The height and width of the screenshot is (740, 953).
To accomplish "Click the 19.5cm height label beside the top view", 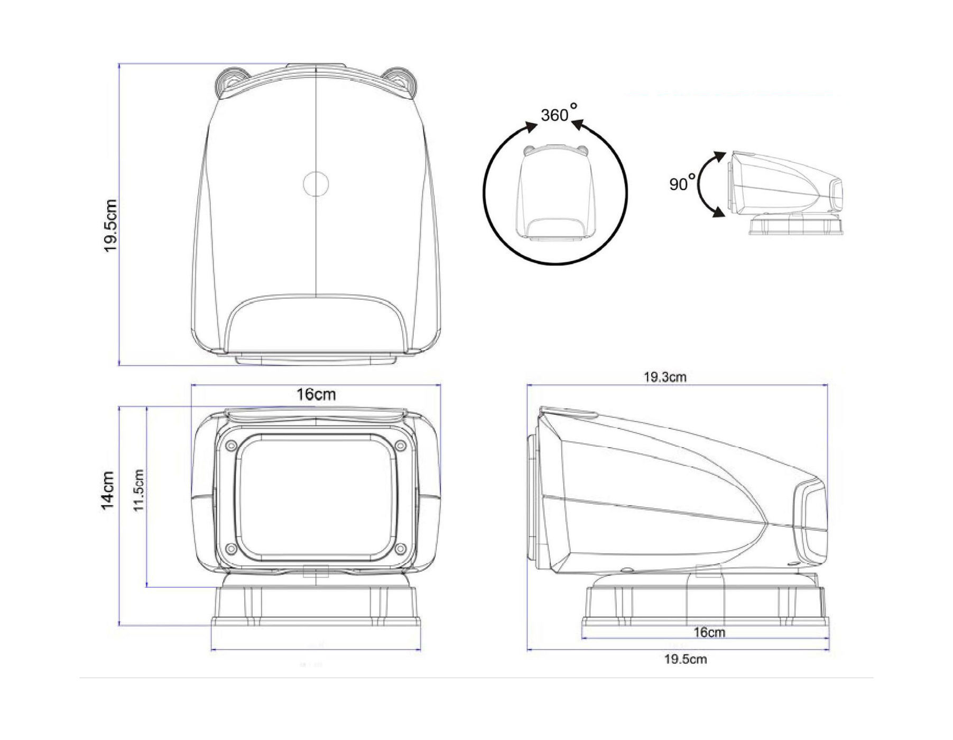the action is [x=110, y=226].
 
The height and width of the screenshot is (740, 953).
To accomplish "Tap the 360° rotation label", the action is [x=559, y=113].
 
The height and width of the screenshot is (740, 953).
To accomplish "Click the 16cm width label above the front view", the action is [x=316, y=394].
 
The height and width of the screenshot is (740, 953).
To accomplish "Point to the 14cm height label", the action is [x=108, y=490].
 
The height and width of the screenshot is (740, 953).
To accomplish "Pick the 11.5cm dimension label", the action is [x=138, y=490].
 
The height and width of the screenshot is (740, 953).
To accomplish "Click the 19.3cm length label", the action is [x=665, y=377].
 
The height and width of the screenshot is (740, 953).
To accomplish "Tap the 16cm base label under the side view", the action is [x=709, y=632].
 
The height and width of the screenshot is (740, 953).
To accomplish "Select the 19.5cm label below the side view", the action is [x=686, y=659].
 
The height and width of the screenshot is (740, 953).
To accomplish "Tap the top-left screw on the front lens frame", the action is [x=231, y=446].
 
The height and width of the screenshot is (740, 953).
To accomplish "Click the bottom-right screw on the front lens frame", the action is [x=400, y=548].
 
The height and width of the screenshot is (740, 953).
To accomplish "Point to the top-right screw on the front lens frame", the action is [x=400, y=446].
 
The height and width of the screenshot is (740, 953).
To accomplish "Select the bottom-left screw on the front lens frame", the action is [x=231, y=548].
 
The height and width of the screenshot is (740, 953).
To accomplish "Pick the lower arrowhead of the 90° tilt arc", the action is [x=718, y=211].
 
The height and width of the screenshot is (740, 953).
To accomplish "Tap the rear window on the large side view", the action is [x=810, y=522].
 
